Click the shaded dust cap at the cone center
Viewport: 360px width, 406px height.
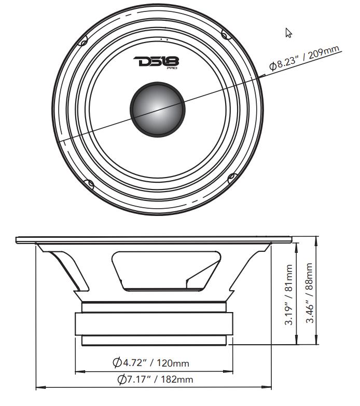(158, 107)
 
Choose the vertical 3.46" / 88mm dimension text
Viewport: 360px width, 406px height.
(309, 292)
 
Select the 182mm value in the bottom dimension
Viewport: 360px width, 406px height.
(176, 380)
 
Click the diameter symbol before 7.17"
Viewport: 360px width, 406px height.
(122, 380)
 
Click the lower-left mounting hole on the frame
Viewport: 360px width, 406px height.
(89, 184)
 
